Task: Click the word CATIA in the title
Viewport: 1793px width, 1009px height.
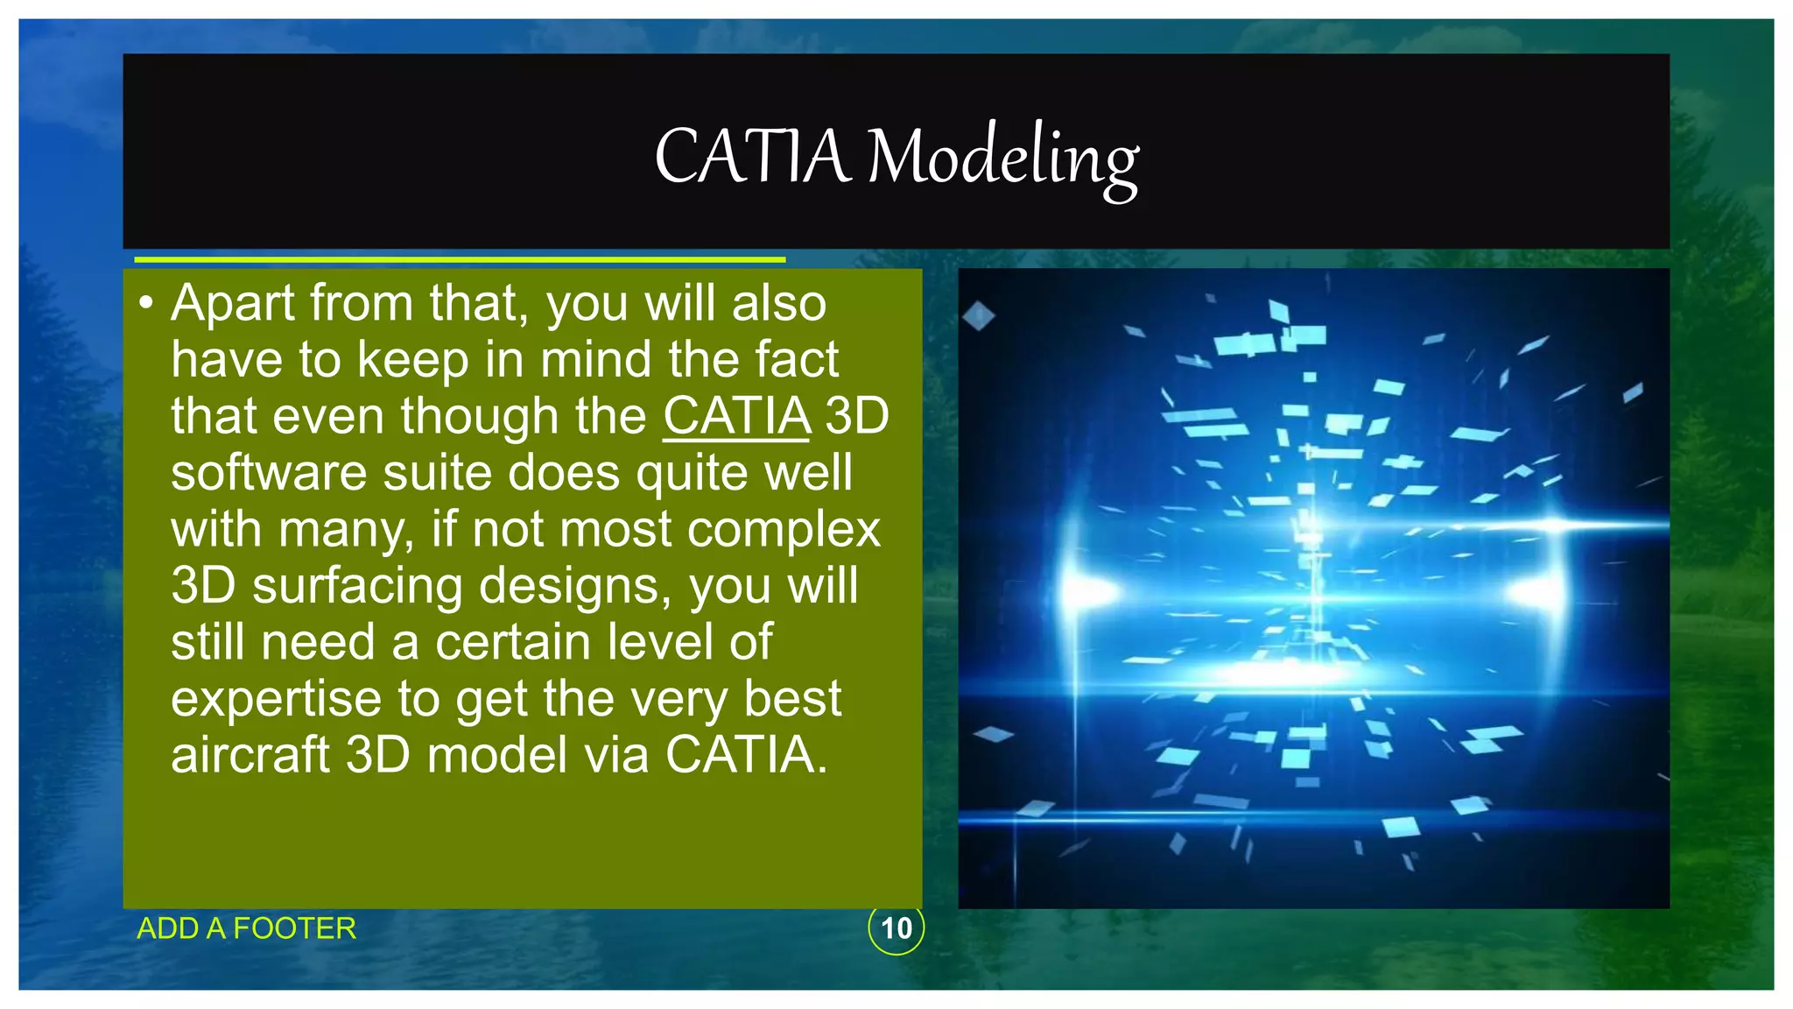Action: coord(752,158)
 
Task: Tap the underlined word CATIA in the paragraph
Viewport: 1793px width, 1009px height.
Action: coord(736,416)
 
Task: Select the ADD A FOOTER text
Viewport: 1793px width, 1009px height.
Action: coord(247,928)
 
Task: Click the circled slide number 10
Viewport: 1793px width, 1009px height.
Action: coord(896,928)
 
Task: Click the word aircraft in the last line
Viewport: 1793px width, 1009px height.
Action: coord(250,755)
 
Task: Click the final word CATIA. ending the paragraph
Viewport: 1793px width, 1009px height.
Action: coord(746,755)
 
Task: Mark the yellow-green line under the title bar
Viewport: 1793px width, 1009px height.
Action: coord(460,260)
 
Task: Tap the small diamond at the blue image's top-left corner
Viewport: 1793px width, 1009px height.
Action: coord(978,316)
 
